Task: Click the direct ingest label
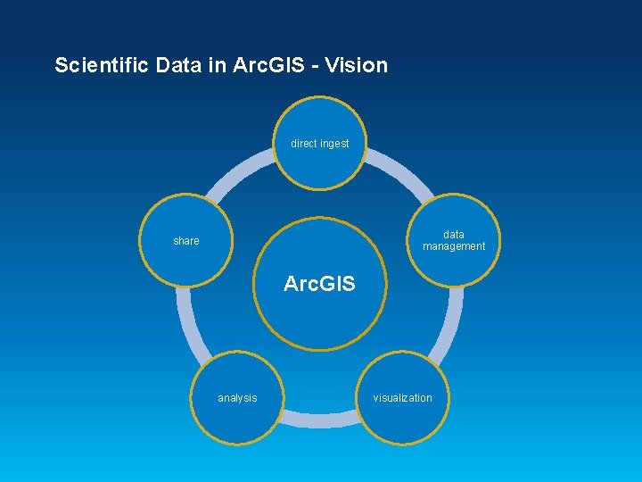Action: pos(319,143)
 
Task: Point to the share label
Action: pos(186,241)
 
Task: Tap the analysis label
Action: pos(237,398)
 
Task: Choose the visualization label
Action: pos(402,398)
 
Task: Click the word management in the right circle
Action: pos(454,246)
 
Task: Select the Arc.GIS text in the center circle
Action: pos(319,285)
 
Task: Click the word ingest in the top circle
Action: pos(333,143)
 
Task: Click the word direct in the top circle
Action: pos(303,143)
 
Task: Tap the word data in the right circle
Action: pos(454,235)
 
